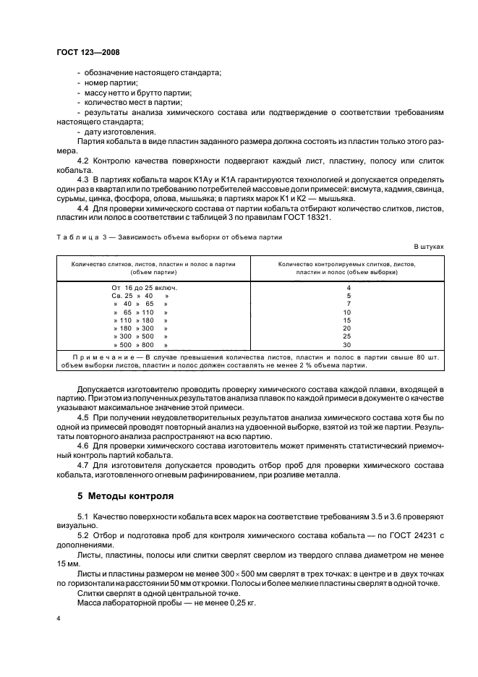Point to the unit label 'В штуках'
[x=429, y=247]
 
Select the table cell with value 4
[x=349, y=288]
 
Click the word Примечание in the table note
[x=104, y=358]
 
